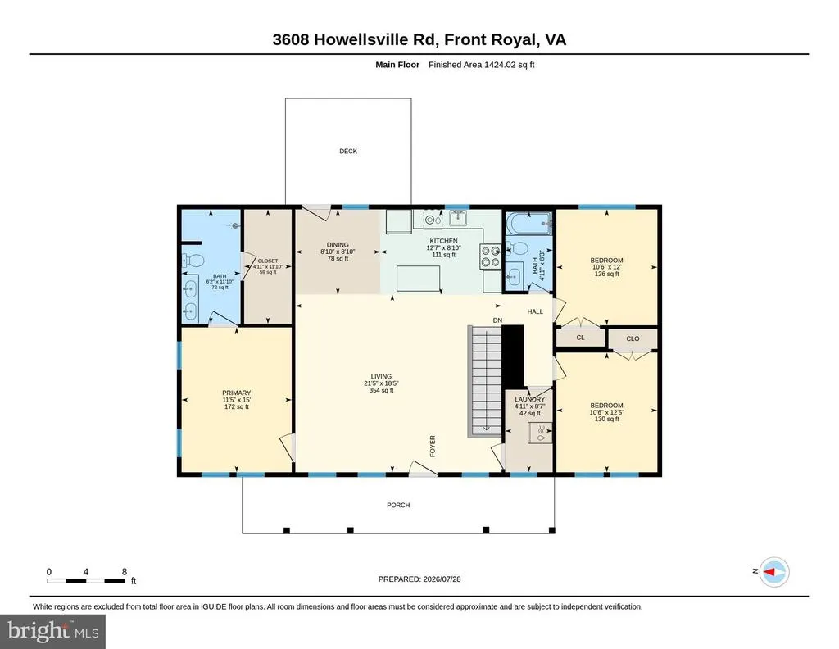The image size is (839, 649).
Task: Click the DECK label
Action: click(x=347, y=152)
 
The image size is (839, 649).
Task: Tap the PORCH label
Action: click(x=398, y=505)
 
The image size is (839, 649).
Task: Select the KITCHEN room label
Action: click(x=443, y=241)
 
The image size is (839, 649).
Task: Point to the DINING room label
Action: click(x=338, y=244)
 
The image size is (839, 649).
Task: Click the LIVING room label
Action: click(x=381, y=376)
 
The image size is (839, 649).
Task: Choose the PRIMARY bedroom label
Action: click(x=237, y=393)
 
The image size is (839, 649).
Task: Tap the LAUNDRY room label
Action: click(x=530, y=400)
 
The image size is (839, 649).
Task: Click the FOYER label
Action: click(x=433, y=447)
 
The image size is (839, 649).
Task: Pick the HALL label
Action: click(x=535, y=311)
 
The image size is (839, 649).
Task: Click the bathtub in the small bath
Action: click(x=528, y=223)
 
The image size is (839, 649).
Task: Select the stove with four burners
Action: click(x=490, y=256)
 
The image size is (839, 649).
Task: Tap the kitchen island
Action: click(x=419, y=279)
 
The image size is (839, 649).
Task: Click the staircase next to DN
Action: click(x=486, y=381)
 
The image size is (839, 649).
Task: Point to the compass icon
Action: click(x=775, y=571)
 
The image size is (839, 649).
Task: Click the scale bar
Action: click(x=85, y=580)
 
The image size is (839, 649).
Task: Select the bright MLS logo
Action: click(x=52, y=631)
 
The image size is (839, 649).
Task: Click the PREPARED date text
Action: click(x=419, y=579)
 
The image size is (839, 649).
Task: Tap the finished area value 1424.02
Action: click(x=498, y=65)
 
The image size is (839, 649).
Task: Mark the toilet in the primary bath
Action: click(x=193, y=261)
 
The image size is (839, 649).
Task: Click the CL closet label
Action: click(x=581, y=338)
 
